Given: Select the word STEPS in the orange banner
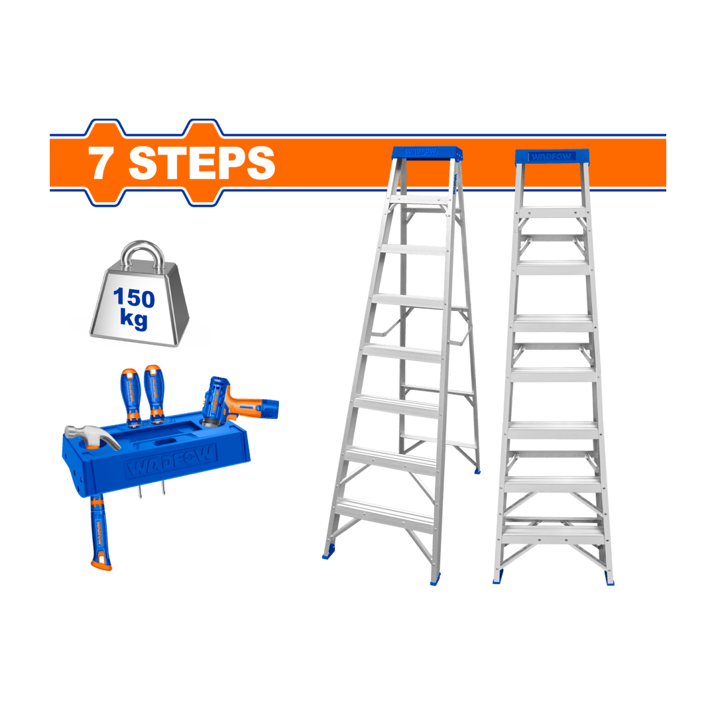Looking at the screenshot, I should click(202, 163).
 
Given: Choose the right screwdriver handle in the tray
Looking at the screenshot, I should click(154, 391).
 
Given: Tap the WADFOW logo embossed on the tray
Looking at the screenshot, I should click(170, 459).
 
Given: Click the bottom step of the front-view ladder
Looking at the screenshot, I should click(553, 532).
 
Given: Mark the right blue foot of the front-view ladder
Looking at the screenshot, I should click(609, 578).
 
